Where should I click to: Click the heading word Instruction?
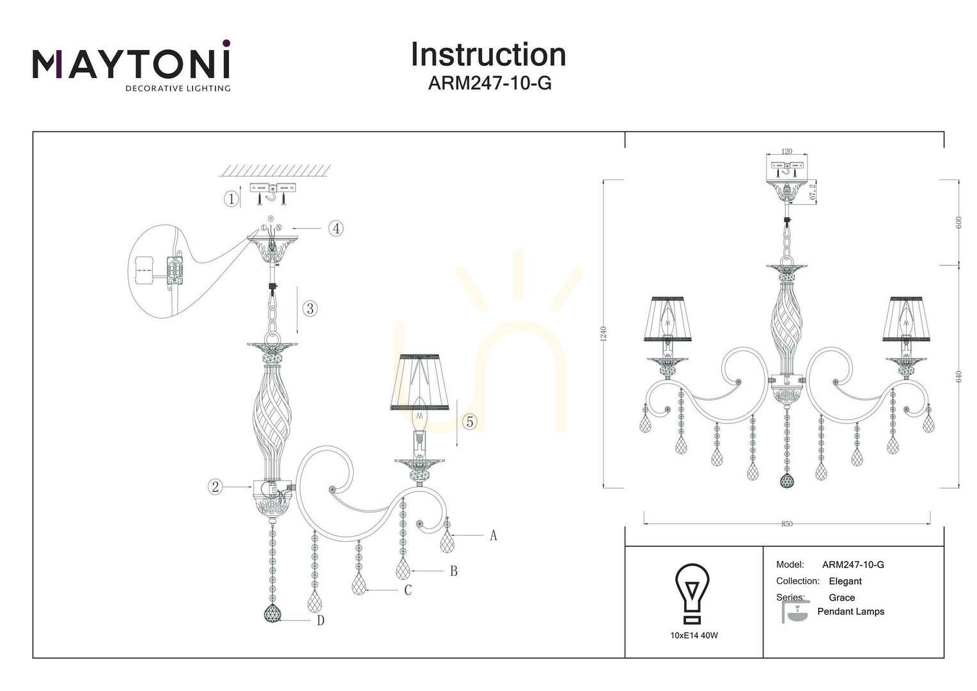[488, 54]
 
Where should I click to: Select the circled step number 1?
[231, 199]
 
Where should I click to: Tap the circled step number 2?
[215, 487]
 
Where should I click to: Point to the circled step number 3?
[310, 308]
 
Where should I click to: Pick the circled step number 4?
[336, 228]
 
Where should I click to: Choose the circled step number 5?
[470, 422]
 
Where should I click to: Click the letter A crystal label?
[494, 535]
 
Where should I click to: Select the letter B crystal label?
[453, 571]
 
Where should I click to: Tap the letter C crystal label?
[408, 590]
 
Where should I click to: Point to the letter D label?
[320, 620]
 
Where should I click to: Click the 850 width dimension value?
[787, 524]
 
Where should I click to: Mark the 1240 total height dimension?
[604, 334]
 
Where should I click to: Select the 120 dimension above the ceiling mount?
[787, 152]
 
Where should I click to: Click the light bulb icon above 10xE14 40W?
[692, 593]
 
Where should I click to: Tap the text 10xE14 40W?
[694, 635]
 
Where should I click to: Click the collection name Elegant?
[845, 582]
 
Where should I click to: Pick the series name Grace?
[842, 598]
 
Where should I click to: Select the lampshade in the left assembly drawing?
[419, 383]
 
